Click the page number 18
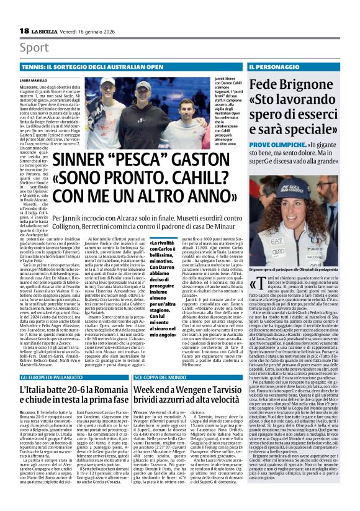(x=24, y=32)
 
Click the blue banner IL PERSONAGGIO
(x=273, y=65)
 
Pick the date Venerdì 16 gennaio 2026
(x=90, y=32)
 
